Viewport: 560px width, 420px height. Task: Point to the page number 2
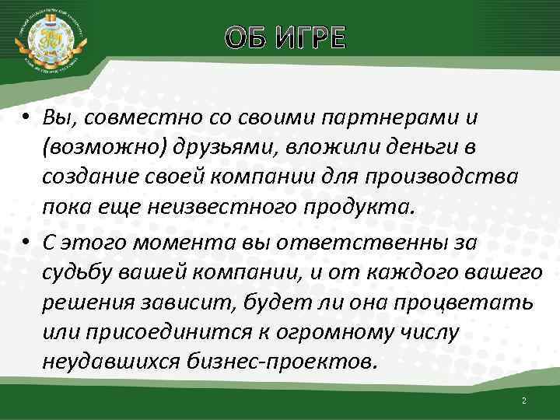[x=523, y=400]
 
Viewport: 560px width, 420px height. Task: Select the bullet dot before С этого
[x=26, y=244]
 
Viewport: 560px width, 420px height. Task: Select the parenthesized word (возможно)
[x=99, y=148]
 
